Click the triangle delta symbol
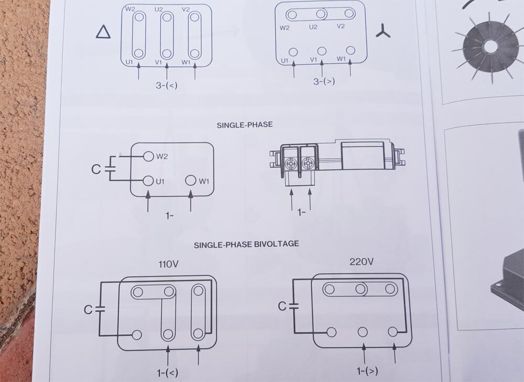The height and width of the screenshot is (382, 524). click(103, 32)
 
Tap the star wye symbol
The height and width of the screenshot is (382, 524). click(383, 31)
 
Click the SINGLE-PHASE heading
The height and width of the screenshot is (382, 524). click(245, 125)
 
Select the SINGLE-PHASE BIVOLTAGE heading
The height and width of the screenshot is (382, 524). click(246, 244)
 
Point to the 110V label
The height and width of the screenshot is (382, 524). click(168, 264)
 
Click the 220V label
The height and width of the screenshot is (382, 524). click(362, 261)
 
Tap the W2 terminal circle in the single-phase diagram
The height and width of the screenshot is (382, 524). click(148, 156)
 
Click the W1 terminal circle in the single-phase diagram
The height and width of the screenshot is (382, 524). click(191, 180)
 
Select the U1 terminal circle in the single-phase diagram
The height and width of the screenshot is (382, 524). click(148, 181)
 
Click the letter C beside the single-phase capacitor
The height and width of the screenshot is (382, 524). click(95, 169)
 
